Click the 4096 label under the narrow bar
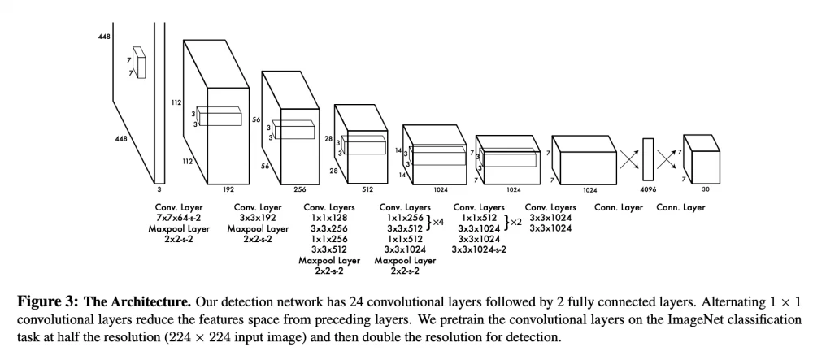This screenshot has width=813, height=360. (647, 189)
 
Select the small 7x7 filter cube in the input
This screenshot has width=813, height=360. (140, 62)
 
